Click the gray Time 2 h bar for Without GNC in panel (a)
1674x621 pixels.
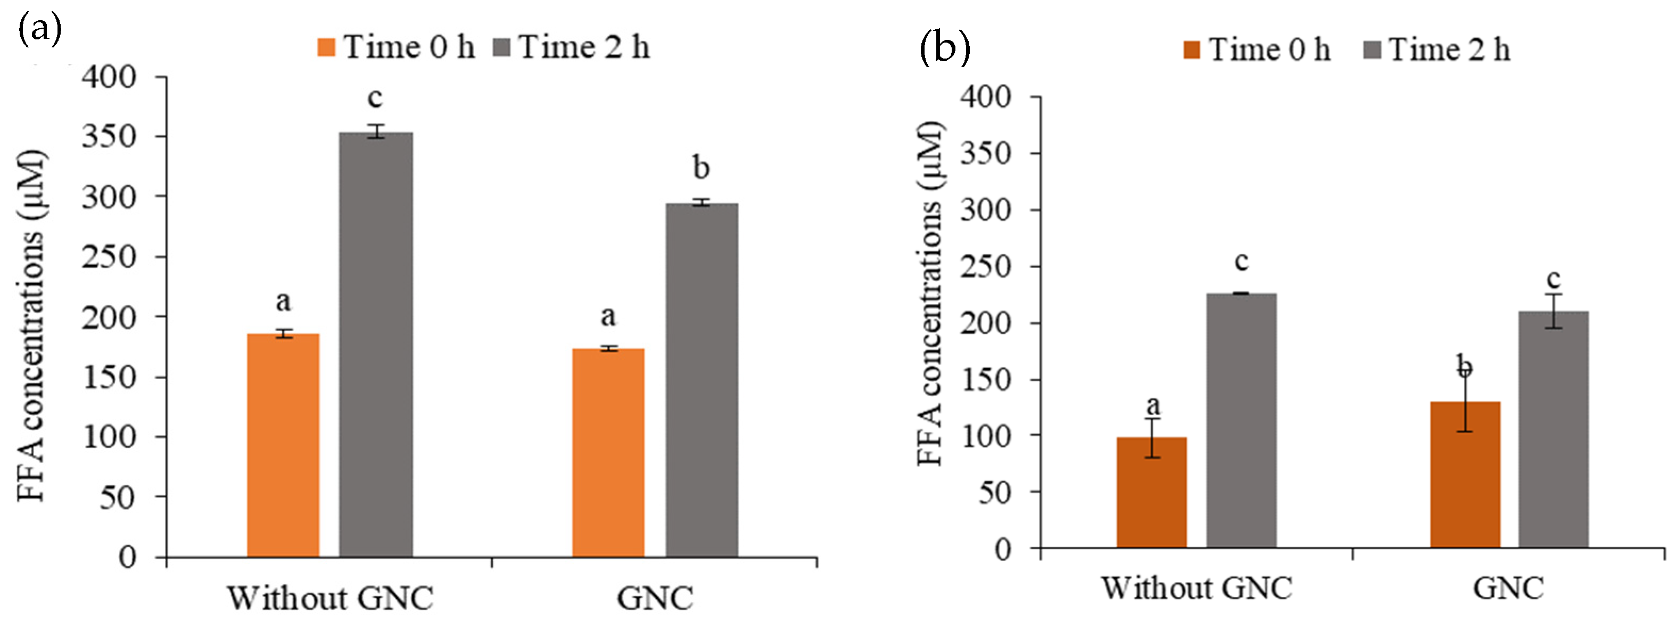point(376,344)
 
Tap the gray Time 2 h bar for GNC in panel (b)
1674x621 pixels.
point(1553,429)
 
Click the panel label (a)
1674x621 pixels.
point(39,29)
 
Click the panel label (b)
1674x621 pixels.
point(944,49)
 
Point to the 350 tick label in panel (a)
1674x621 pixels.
point(109,136)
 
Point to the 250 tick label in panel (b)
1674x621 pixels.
point(986,267)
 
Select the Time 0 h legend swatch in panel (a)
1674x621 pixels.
point(326,47)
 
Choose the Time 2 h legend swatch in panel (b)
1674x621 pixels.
point(1372,50)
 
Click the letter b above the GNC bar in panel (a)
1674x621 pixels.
point(700,168)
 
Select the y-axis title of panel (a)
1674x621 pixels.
point(31,325)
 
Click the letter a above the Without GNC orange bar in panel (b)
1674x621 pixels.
point(1153,405)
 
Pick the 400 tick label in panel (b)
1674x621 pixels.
point(986,97)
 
